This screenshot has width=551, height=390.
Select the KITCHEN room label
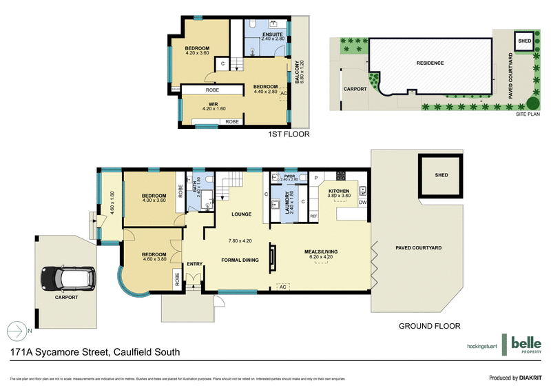[340, 191]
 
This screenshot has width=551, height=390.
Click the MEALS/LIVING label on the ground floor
[322, 253]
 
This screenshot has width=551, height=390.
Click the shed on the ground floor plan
[441, 175]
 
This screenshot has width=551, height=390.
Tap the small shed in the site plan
[525, 41]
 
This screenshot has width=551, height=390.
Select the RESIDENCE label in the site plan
[430, 63]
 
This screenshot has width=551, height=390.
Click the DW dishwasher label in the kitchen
[362, 203]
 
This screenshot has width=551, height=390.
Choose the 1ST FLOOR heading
[288, 135]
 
